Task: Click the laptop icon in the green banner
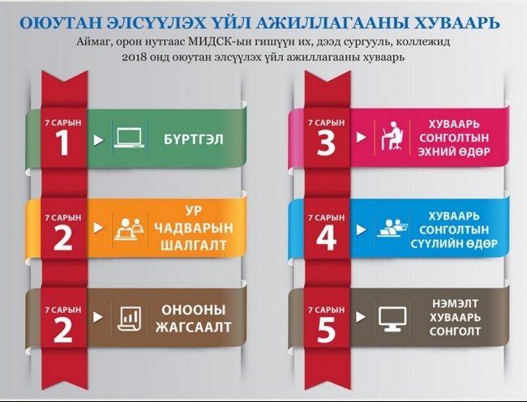[130, 139]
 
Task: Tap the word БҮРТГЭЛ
[194, 139]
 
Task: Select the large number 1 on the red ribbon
[63, 143]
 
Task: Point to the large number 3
[326, 143]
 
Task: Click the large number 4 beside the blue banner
[327, 237]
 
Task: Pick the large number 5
[327, 329]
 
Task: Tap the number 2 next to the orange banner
[63, 237]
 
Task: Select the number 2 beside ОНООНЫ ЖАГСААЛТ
[63, 329]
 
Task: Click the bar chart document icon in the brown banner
[129, 319]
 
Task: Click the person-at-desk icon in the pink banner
[392, 135]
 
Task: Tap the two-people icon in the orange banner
[129, 229]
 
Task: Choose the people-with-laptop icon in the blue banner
[392, 228]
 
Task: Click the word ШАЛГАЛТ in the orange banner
[194, 245]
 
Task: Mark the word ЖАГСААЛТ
[194, 327]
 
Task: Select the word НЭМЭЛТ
[455, 304]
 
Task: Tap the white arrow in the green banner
[98, 139]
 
